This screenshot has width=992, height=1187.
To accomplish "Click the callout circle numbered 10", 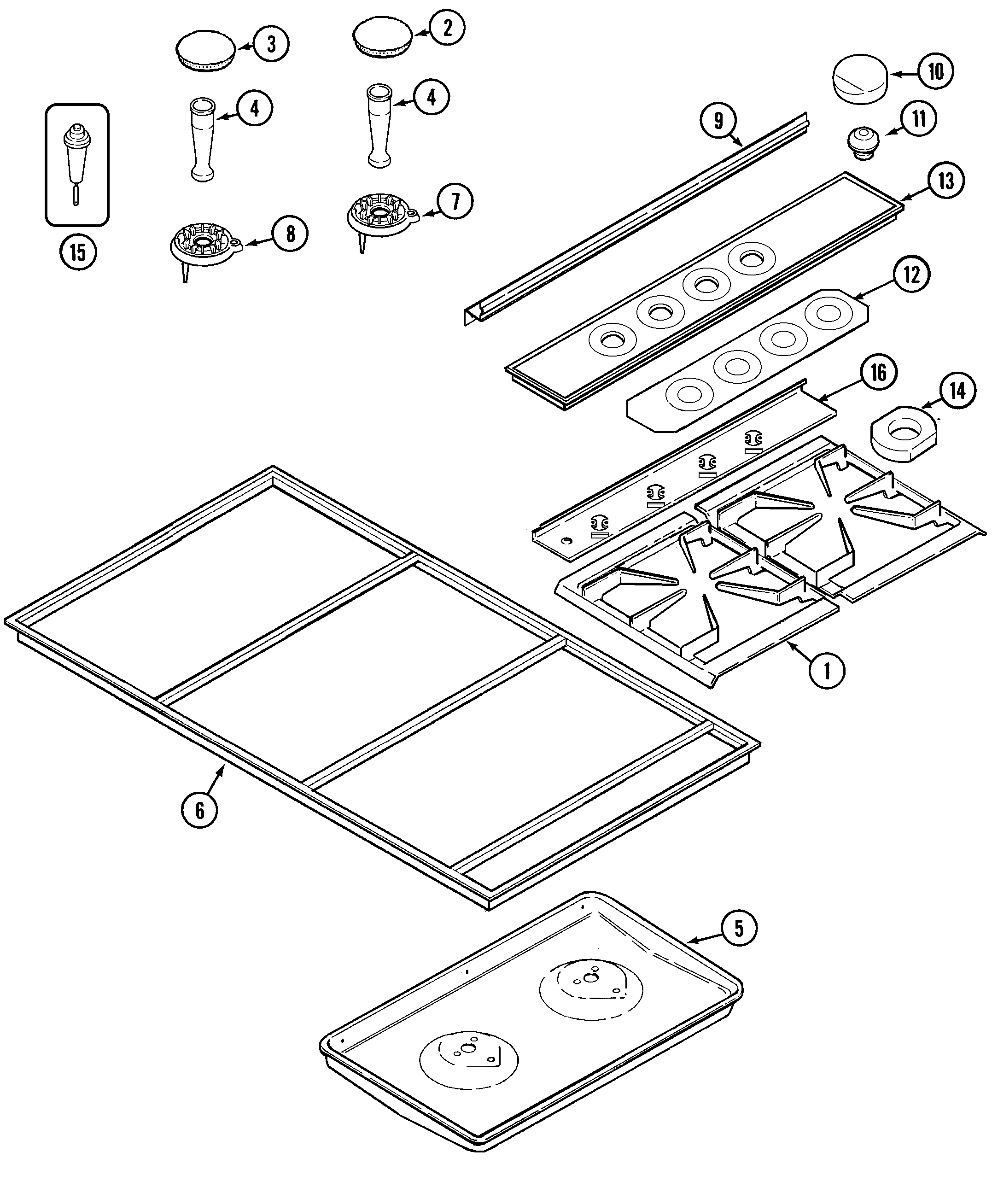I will point(935,72).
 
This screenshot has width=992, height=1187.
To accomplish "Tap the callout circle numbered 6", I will point(199,810).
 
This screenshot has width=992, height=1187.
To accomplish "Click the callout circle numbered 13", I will point(945,181).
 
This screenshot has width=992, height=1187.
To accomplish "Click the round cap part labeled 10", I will point(860,79).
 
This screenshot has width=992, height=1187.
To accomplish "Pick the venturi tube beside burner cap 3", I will point(202,139).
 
